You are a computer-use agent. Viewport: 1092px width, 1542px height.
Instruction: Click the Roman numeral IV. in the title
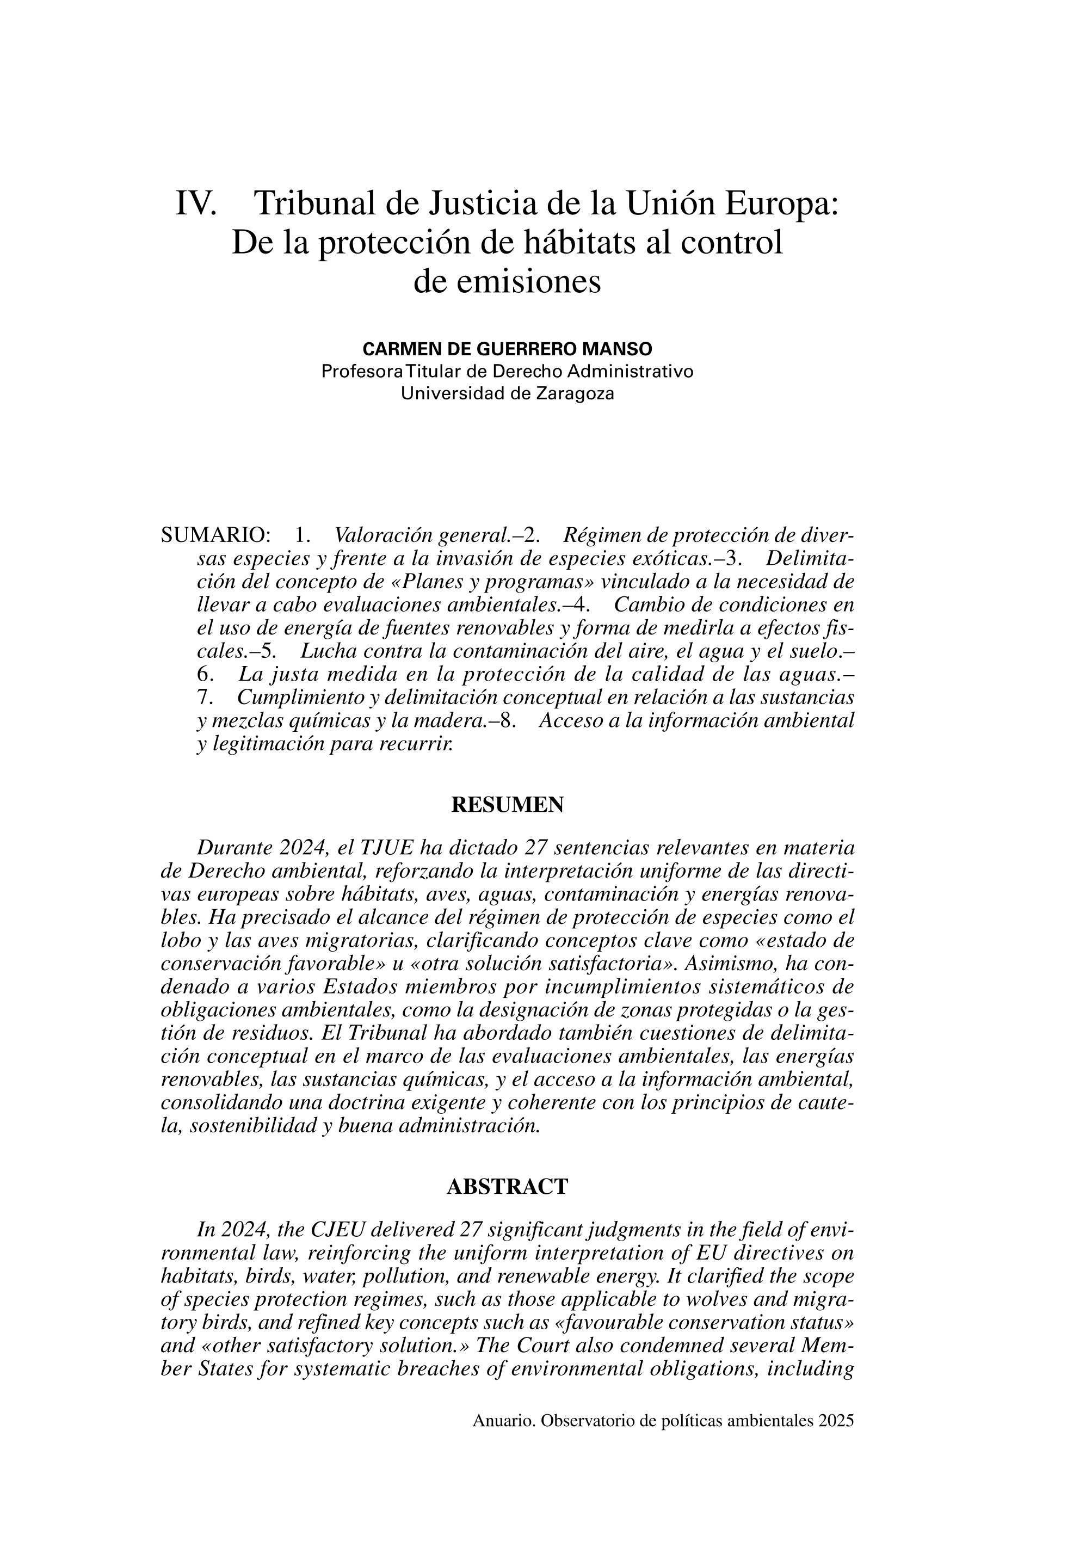click(x=196, y=203)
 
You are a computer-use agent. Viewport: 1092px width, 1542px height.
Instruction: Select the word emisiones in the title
click(x=507, y=282)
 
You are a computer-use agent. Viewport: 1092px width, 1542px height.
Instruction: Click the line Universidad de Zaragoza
click(x=507, y=393)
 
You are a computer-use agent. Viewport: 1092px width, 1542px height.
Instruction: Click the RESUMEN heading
click(x=507, y=805)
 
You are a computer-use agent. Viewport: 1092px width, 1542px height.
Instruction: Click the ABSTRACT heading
click(x=507, y=1187)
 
